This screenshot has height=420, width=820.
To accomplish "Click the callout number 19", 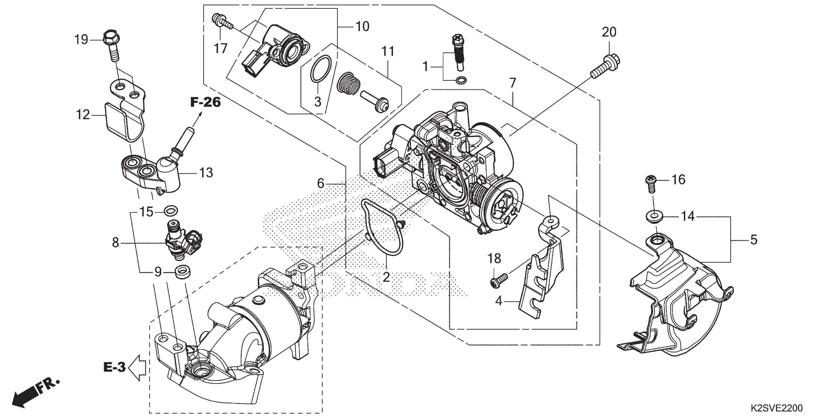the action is click(x=81, y=40).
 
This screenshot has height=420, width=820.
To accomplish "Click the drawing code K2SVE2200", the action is click(x=779, y=408).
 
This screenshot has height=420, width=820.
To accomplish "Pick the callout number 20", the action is click(x=609, y=32).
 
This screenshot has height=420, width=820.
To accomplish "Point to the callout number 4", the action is click(x=498, y=301).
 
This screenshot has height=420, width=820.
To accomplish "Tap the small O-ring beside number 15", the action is click(x=171, y=211).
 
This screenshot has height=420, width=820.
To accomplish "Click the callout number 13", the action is click(x=206, y=173).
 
